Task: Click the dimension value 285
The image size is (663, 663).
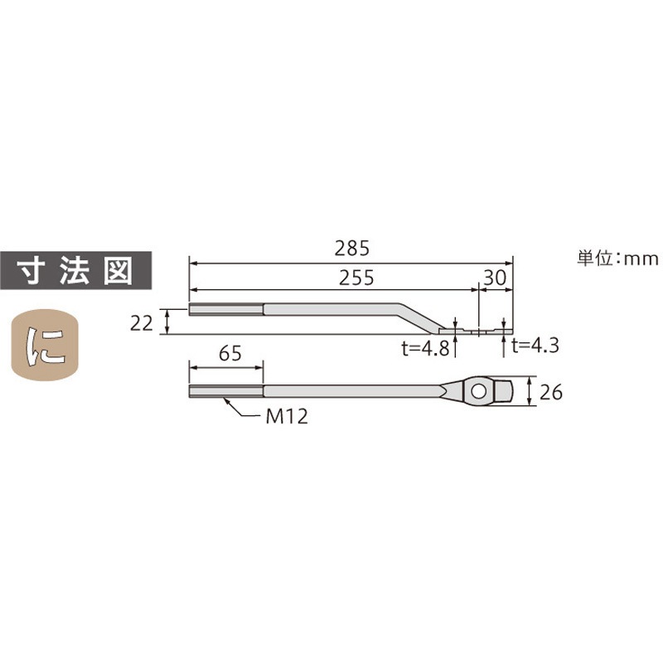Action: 351,248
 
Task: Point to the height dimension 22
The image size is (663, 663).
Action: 143,322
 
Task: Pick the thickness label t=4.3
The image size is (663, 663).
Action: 535,346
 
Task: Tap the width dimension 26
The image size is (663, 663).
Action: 550,391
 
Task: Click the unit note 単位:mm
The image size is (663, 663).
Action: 617,259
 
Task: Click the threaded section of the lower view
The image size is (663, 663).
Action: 226,390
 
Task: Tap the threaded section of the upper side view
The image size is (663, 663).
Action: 226,310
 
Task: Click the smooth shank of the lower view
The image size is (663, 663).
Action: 348,390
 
